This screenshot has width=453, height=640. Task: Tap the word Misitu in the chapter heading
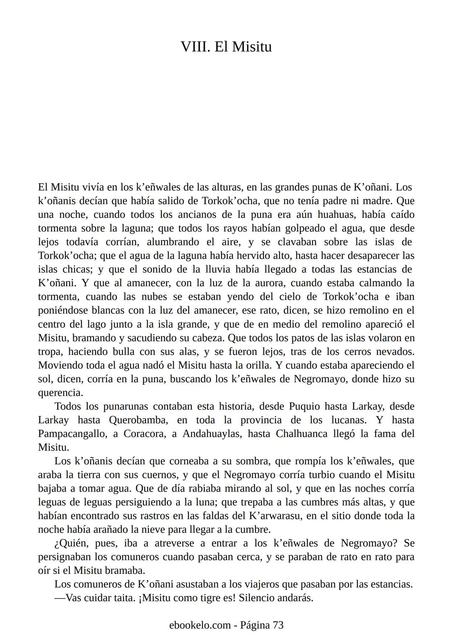point(252,47)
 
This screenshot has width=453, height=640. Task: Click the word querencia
point(60,393)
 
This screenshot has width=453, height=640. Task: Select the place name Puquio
point(305,406)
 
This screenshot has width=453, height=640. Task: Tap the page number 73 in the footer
point(278,625)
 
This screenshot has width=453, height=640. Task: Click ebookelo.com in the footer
point(200,625)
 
